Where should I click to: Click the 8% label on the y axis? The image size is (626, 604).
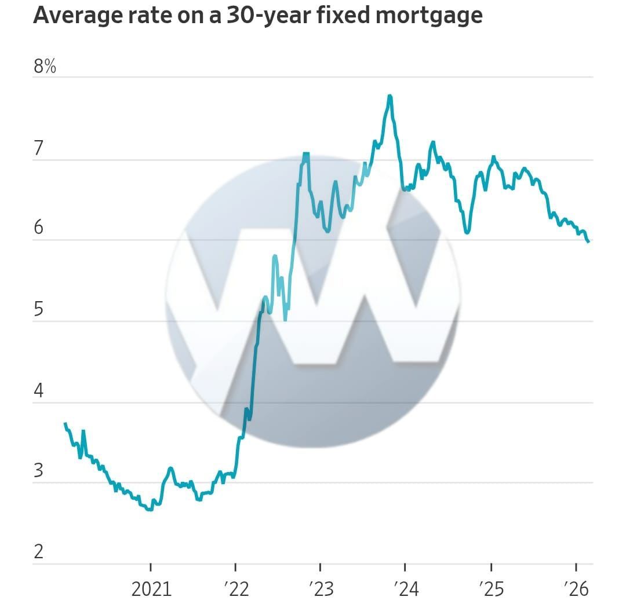pyautogui.click(x=45, y=67)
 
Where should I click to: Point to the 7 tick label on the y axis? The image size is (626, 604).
pyautogui.click(x=38, y=149)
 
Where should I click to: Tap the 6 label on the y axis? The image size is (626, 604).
pyautogui.click(x=38, y=228)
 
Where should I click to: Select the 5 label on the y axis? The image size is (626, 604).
pyautogui.click(x=38, y=309)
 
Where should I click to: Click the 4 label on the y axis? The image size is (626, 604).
pyautogui.click(x=38, y=391)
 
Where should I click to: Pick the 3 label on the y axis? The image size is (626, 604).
pyautogui.click(x=38, y=470)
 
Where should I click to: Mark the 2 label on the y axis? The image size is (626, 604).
pyautogui.click(x=38, y=551)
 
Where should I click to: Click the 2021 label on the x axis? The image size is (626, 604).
pyautogui.click(x=151, y=589)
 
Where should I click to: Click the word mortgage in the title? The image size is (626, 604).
pyautogui.click(x=429, y=16)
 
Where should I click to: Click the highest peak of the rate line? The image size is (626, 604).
pyautogui.click(x=390, y=96)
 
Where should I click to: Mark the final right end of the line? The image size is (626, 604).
pyautogui.click(x=588, y=241)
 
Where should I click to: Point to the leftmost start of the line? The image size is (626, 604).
pyautogui.click(x=65, y=424)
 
